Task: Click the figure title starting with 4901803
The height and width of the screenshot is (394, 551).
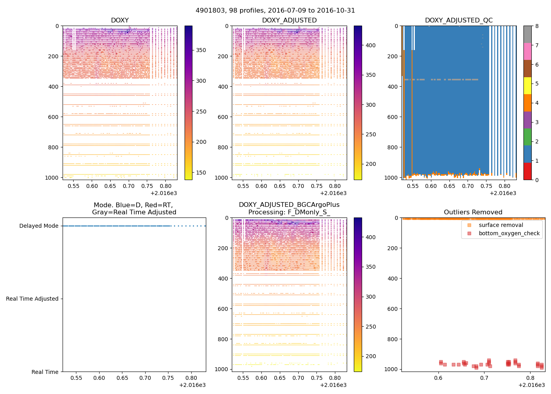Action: pyautogui.click(x=275, y=11)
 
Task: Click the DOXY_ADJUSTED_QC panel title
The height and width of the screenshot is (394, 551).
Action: pyautogui.click(x=459, y=20)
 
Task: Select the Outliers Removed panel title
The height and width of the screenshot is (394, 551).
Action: pyautogui.click(x=473, y=212)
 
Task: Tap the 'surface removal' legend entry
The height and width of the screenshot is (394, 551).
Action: pyautogui.click(x=501, y=225)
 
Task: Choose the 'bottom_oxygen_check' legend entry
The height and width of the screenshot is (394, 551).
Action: pyautogui.click(x=509, y=234)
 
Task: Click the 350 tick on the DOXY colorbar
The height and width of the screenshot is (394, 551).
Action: pyautogui.click(x=201, y=50)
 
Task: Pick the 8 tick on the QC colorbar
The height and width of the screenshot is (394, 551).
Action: pyautogui.click(x=536, y=26)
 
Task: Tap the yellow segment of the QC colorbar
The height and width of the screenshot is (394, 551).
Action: pyautogui.click(x=527, y=85)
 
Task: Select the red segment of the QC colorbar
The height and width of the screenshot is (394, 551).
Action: pyautogui.click(x=527, y=171)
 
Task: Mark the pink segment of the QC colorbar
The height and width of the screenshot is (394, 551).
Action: pyautogui.click(x=527, y=51)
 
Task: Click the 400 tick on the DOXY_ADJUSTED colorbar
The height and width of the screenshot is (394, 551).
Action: pyautogui.click(x=371, y=46)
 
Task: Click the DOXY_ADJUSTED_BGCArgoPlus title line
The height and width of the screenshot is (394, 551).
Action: pyautogui.click(x=289, y=205)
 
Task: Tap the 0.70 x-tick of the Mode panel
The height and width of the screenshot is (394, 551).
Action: pyautogui.click(x=145, y=378)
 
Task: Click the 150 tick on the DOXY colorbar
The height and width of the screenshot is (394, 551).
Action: pyautogui.click(x=201, y=173)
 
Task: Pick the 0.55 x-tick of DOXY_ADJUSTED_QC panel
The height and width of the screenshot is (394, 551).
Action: pyautogui.click(x=412, y=186)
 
